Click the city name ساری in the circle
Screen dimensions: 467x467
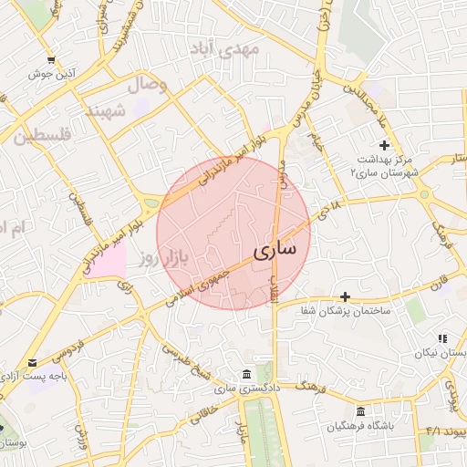[x=272, y=249]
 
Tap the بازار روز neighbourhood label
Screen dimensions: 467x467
[x=163, y=259]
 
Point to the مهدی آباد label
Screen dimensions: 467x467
[x=223, y=49]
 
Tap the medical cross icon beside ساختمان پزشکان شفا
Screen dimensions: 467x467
[x=345, y=296]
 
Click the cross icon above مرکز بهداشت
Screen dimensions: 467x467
[x=385, y=145]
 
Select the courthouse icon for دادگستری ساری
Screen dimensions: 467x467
[x=247, y=374]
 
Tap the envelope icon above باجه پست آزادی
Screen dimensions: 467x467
[x=34, y=362]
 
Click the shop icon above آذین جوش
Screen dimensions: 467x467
[x=51, y=60]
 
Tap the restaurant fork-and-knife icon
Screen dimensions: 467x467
[x=442, y=338]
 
